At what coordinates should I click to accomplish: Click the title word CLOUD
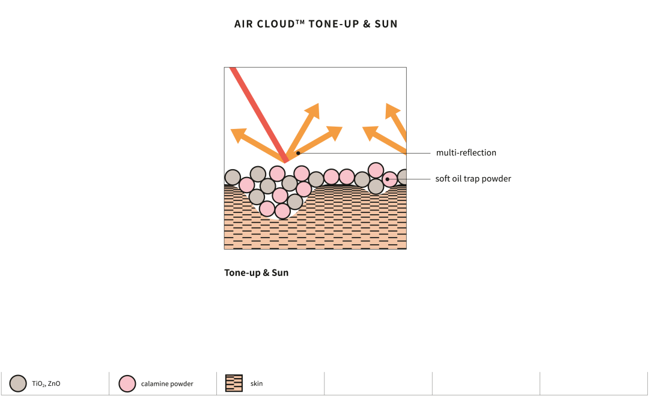coord(276,24)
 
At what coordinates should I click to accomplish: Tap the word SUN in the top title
coord(386,24)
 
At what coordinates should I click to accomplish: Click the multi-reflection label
coord(466,152)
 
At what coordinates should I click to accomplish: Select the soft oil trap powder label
coord(473,179)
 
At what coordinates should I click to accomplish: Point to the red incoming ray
coord(259,115)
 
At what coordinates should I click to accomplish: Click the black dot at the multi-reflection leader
coord(298,154)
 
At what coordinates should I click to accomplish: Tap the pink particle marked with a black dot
coord(389,179)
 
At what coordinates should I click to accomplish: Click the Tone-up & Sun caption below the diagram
coord(256,273)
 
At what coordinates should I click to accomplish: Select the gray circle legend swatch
coord(18,383)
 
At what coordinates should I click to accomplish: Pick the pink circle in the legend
coord(127,383)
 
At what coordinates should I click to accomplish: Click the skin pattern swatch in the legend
coord(234,383)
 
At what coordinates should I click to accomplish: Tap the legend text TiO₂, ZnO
coord(46,383)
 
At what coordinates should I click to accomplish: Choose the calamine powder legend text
coord(167,384)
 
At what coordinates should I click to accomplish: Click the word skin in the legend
coord(257,383)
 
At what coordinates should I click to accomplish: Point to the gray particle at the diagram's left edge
coord(233,177)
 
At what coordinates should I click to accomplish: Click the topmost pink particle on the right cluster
coord(376,170)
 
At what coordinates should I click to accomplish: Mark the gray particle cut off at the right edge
coord(402,177)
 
